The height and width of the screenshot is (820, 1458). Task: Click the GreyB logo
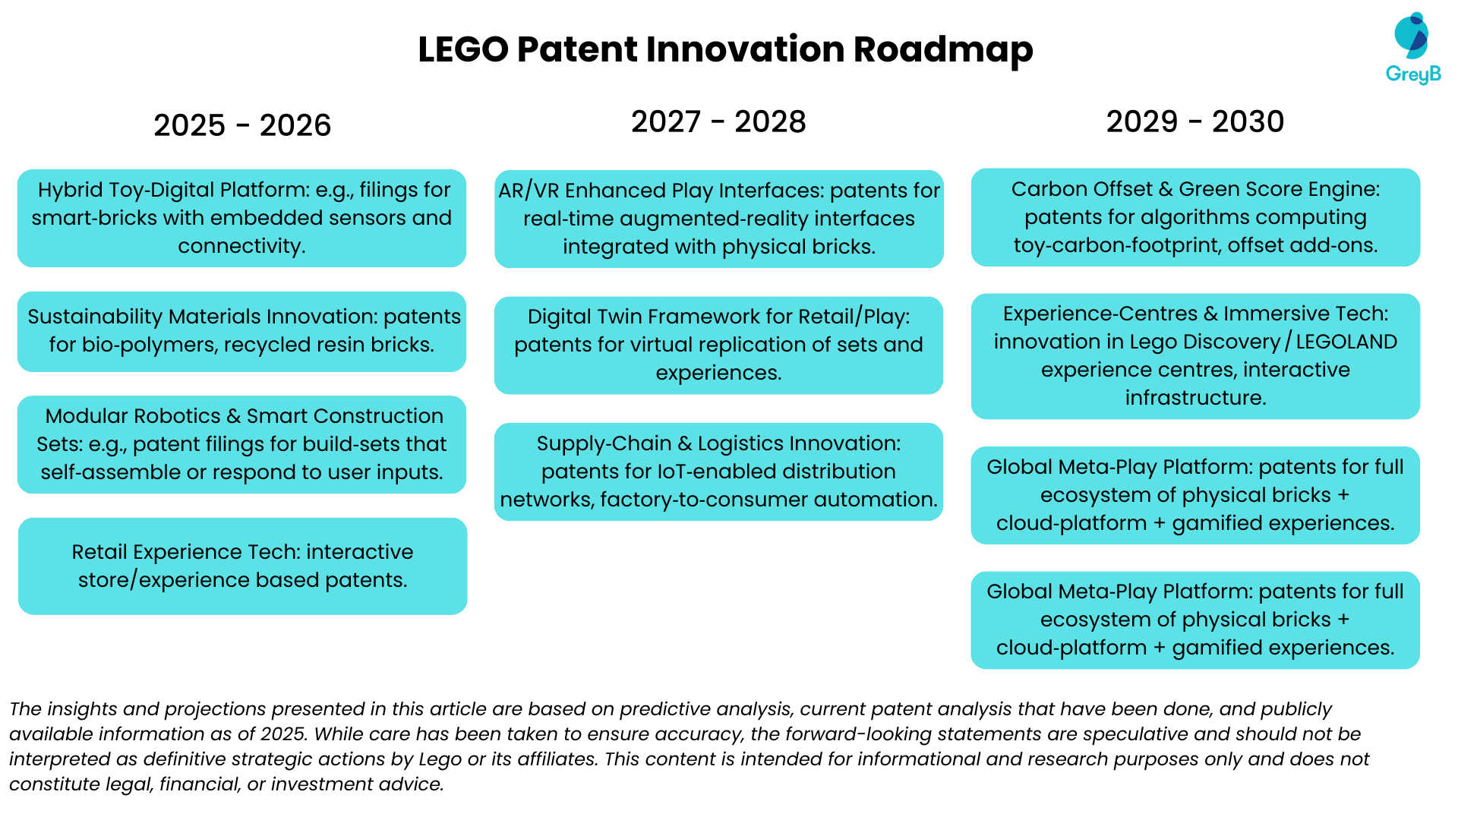[x=1413, y=48]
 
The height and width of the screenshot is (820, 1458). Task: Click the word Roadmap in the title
[x=943, y=49]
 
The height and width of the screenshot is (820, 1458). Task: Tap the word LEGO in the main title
[x=463, y=49]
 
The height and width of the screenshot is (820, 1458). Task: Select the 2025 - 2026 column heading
[x=242, y=125]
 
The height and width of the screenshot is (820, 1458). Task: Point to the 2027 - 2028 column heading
[x=718, y=121]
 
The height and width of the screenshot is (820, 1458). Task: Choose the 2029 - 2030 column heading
[x=1195, y=121]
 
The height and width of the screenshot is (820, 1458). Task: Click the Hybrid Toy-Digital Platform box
[x=242, y=218]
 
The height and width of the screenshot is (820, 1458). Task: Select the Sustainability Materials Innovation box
[x=242, y=331]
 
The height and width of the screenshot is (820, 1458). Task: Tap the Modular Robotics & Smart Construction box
[x=242, y=444]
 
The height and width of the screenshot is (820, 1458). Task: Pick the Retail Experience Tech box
[x=242, y=566]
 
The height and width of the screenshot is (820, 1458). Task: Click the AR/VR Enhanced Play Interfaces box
[x=719, y=219]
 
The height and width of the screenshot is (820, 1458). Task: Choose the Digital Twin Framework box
[x=719, y=345]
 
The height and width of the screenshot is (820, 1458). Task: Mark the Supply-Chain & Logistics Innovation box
[x=719, y=471]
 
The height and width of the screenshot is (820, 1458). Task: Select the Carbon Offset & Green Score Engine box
[x=1196, y=217]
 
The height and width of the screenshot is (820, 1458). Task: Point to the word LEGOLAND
[x=1346, y=342]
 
